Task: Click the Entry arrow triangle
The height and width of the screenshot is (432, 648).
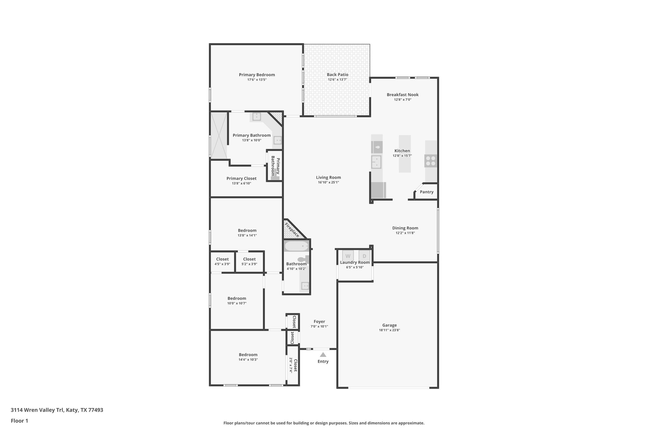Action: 323,355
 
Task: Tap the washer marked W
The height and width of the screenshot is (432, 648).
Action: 348,256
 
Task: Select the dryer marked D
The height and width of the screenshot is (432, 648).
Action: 364,256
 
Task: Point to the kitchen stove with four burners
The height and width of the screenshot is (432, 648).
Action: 431,161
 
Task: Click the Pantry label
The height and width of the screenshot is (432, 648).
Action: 427,192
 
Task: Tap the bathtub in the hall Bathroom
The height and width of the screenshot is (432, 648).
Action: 296,246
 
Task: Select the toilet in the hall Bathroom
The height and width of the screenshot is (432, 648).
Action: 303,259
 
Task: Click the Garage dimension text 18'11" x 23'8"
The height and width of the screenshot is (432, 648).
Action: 389,330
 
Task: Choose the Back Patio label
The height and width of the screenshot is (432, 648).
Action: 337,75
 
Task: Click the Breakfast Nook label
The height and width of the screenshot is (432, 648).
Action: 402,95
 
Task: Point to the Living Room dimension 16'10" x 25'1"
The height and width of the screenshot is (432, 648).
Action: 328,182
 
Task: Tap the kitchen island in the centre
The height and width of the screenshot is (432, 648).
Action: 405,154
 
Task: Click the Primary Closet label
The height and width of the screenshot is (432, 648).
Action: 241,178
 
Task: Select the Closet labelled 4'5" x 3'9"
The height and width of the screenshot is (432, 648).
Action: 222,261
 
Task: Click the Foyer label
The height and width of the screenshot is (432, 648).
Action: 319,322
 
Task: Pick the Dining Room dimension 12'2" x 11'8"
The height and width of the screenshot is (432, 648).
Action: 405,233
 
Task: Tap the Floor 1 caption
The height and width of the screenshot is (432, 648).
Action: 19,421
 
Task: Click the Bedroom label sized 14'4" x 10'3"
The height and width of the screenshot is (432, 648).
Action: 248,355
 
